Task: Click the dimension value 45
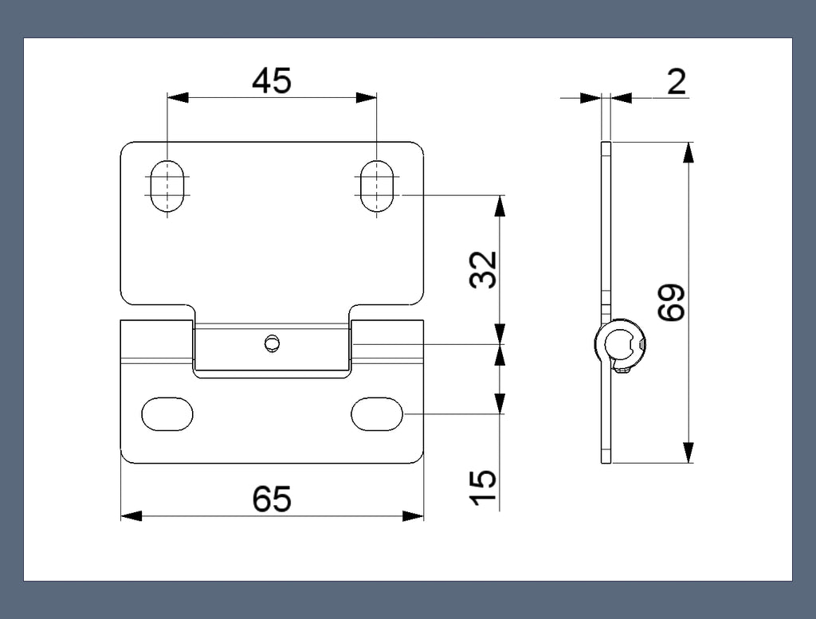click(x=271, y=81)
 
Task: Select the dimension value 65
click(x=271, y=499)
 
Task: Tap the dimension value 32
click(x=483, y=269)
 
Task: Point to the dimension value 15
click(x=483, y=488)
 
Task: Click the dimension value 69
click(x=671, y=302)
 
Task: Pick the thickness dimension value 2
click(x=677, y=82)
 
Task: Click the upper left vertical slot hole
click(x=167, y=186)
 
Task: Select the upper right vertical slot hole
click(x=377, y=186)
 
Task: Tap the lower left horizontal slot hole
click(x=167, y=414)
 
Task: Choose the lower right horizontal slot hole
click(x=377, y=414)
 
